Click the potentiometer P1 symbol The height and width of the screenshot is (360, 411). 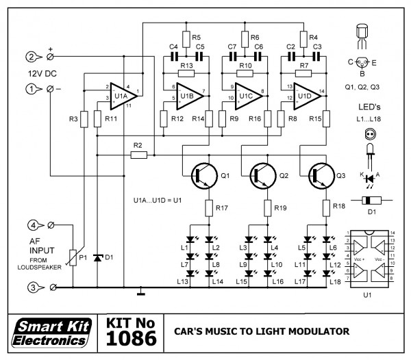[x=73, y=257]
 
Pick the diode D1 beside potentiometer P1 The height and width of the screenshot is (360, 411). [x=97, y=257]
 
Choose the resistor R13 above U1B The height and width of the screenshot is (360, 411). [x=186, y=73]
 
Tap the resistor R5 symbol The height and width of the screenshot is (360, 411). [x=186, y=37]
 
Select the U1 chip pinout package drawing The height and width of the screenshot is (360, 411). [x=371, y=256]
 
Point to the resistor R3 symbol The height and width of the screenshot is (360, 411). [x=83, y=120]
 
